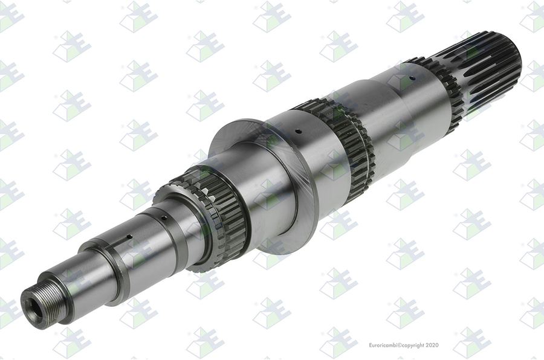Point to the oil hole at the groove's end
[129, 237]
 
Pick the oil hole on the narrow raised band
[164, 218]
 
